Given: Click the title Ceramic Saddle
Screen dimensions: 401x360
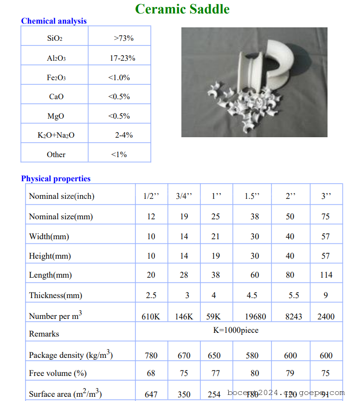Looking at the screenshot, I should click(x=182, y=9).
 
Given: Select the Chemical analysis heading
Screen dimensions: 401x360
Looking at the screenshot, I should click(x=54, y=21).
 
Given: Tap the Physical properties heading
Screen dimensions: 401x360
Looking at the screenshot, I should click(x=56, y=178).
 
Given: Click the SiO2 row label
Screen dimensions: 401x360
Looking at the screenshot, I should click(x=55, y=38).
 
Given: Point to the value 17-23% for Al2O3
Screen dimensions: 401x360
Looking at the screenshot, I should click(x=122, y=58).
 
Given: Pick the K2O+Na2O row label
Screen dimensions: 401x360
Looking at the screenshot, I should click(x=56, y=135).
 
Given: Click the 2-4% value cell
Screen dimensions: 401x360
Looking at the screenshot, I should click(x=124, y=135).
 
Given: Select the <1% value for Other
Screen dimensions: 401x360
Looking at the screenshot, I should click(x=119, y=154).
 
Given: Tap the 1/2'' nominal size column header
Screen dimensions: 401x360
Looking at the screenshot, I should click(x=151, y=196).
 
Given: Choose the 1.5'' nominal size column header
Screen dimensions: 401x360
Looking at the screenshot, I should click(x=252, y=196).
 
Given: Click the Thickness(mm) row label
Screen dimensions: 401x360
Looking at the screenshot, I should click(x=55, y=295).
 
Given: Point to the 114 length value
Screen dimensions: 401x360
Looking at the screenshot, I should click(x=326, y=275).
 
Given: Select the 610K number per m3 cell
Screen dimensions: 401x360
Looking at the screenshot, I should click(x=151, y=317).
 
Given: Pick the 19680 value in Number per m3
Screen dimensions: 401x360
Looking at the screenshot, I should click(x=255, y=317).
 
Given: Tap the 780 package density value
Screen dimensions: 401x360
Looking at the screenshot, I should click(x=151, y=356).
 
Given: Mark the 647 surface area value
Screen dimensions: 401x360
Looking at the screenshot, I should click(x=151, y=395).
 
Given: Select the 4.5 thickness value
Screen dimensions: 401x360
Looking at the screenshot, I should click(x=252, y=295).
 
